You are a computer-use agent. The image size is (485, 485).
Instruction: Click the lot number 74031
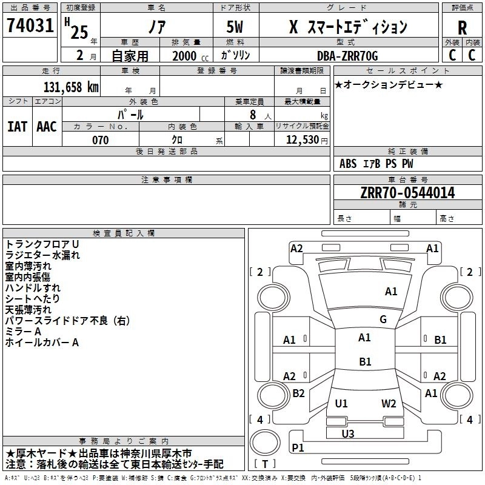[30, 25]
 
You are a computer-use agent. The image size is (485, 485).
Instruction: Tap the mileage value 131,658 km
[71, 87]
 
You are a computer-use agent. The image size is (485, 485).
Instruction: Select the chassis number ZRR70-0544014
[407, 193]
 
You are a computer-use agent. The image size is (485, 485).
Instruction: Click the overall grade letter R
[462, 28]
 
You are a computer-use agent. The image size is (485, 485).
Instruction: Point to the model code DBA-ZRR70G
[347, 56]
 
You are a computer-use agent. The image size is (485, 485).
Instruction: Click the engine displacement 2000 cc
[190, 56]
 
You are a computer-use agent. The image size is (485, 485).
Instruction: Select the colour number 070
[101, 140]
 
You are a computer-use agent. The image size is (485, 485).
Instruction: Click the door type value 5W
[235, 27]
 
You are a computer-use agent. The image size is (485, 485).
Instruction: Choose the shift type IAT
[18, 127]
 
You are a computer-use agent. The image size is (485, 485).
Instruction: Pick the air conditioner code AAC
[47, 127]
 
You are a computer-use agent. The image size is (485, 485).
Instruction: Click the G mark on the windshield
[383, 319]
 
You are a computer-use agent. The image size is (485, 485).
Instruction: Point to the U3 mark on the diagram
[348, 433]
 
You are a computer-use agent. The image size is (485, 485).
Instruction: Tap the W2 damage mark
[389, 403]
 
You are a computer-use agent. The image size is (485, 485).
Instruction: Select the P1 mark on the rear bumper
[298, 447]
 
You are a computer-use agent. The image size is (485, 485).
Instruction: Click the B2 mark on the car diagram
[298, 393]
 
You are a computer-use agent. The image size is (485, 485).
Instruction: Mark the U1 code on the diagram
[341, 403]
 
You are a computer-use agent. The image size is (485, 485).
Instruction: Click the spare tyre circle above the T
[265, 443]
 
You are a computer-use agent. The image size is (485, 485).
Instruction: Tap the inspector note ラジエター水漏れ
[42, 255]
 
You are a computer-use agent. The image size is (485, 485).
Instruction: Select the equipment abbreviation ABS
[348, 164]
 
